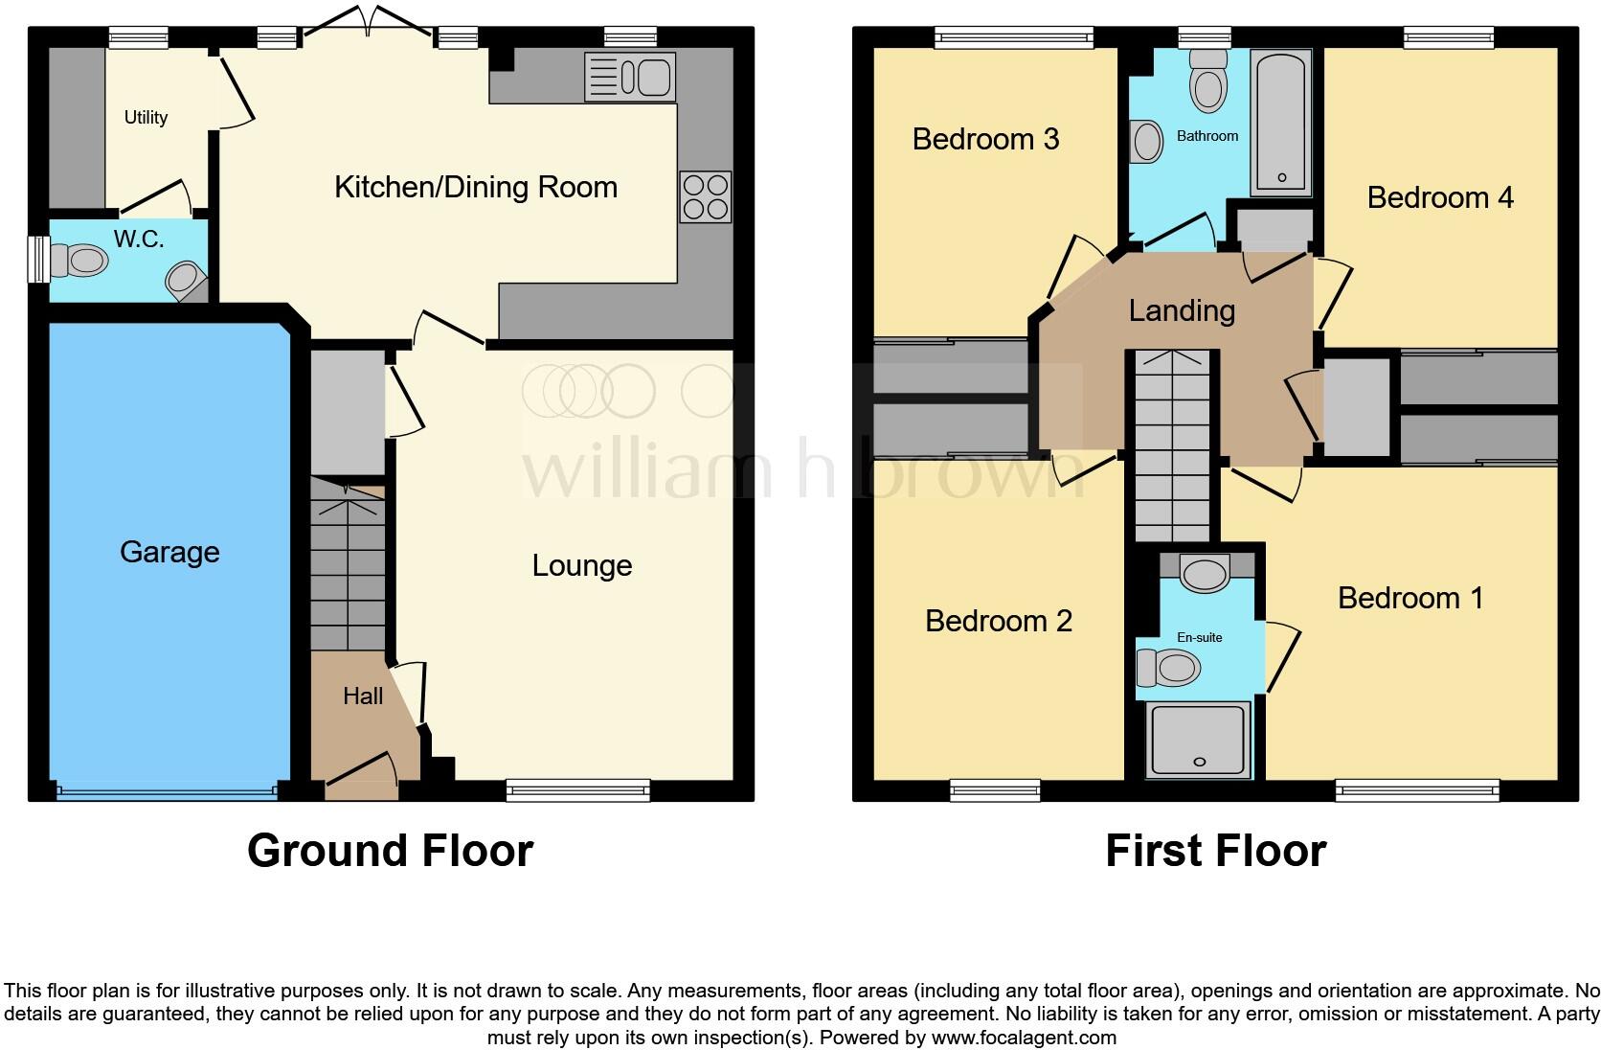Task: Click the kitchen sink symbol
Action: [x=630, y=76]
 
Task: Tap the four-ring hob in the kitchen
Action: [x=706, y=197]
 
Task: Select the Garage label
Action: [x=169, y=552]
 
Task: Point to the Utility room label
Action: [x=146, y=118]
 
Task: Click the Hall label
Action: [x=363, y=696]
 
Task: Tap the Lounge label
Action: [x=581, y=565]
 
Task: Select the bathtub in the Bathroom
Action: [x=1280, y=125]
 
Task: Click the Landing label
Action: [x=1182, y=310]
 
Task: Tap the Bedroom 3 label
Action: [x=985, y=139]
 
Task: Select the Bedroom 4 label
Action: [x=1440, y=197]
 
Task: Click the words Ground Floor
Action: [x=390, y=851]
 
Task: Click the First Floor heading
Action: [x=1215, y=851]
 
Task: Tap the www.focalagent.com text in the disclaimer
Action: [x=1023, y=1037]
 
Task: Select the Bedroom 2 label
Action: [x=998, y=621]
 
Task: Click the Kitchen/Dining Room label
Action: [x=475, y=187]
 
